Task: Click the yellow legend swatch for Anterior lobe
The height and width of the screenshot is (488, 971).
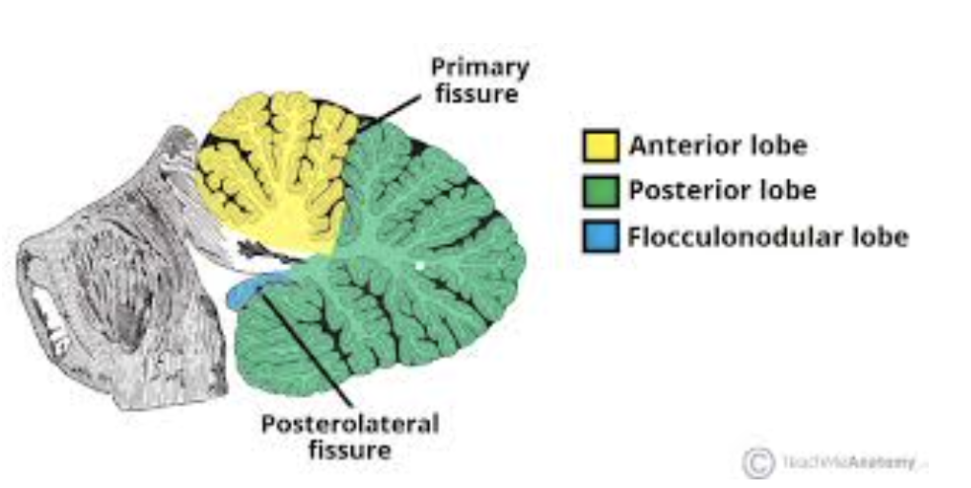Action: (x=600, y=146)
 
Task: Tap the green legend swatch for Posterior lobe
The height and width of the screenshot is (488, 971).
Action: (x=600, y=191)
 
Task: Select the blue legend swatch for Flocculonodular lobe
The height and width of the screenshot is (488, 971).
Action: (x=600, y=236)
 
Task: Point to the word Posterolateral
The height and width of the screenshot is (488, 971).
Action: (x=350, y=424)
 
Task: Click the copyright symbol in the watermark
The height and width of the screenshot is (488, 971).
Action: (x=757, y=463)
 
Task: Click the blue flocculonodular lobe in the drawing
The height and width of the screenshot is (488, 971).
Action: (x=252, y=288)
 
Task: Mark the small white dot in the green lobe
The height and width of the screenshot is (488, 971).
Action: (x=418, y=265)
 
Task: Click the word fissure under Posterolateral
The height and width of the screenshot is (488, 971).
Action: (x=350, y=450)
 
